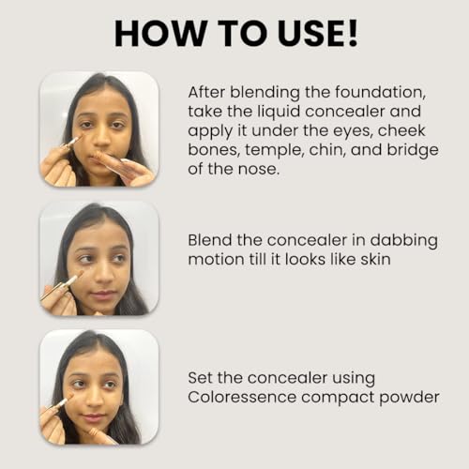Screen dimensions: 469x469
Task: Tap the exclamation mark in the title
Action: tap(353, 33)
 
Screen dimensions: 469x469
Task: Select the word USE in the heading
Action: tap(311, 33)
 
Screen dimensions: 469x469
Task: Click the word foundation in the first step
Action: tap(381, 92)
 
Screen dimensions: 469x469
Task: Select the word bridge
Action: tap(413, 150)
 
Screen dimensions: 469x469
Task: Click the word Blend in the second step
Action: tap(210, 240)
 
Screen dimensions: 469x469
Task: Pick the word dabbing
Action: tap(404, 241)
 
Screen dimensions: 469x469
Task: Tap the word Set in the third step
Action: tap(200, 378)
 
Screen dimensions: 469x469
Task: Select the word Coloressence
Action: tap(242, 398)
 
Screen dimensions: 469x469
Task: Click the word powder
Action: tap(410, 398)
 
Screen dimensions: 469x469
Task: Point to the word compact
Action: tap(338, 398)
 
